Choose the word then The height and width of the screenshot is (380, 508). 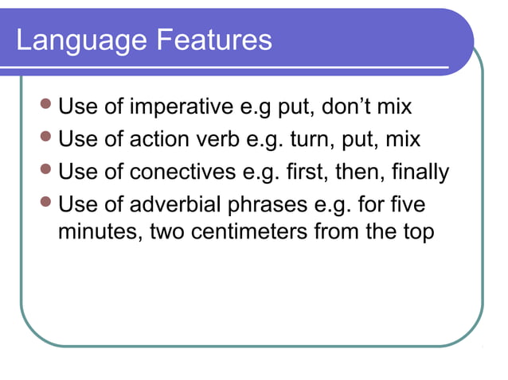point(357,172)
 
